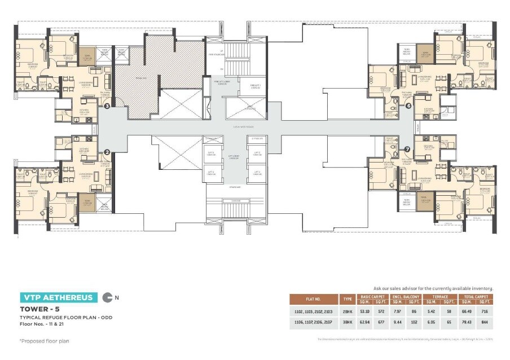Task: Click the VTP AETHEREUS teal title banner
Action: tap(56, 297)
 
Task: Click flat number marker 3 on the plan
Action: tap(106, 105)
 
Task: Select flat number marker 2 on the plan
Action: tap(106, 152)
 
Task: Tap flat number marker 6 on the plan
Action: tap(408, 105)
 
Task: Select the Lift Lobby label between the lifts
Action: tap(234, 158)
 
